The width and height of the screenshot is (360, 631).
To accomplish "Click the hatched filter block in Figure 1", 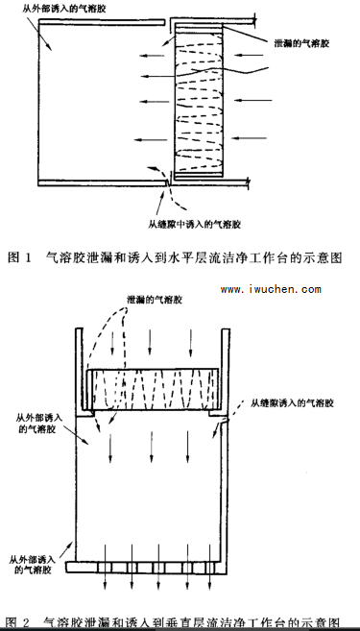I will click(x=199, y=101).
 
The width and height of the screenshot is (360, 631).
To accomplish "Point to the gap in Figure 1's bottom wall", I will click(x=167, y=182).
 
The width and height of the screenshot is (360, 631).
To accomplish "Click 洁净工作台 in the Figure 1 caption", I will click(x=266, y=258).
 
